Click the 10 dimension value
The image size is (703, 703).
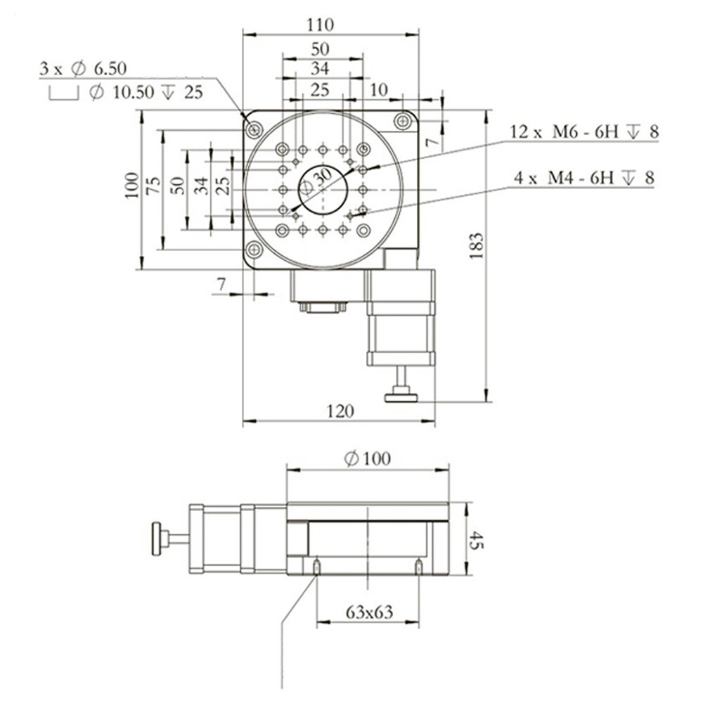[378, 89]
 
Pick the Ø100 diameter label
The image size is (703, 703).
[368, 459]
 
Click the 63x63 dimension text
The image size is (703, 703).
[369, 612]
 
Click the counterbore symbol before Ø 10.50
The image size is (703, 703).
[65, 93]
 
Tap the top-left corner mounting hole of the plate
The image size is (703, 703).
[254, 129]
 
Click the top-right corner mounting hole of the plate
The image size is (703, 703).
[403, 121]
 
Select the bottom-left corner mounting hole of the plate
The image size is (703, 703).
[254, 249]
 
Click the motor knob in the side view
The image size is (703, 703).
[157, 539]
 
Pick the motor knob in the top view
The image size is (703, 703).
[401, 397]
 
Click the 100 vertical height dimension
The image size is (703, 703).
[131, 186]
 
